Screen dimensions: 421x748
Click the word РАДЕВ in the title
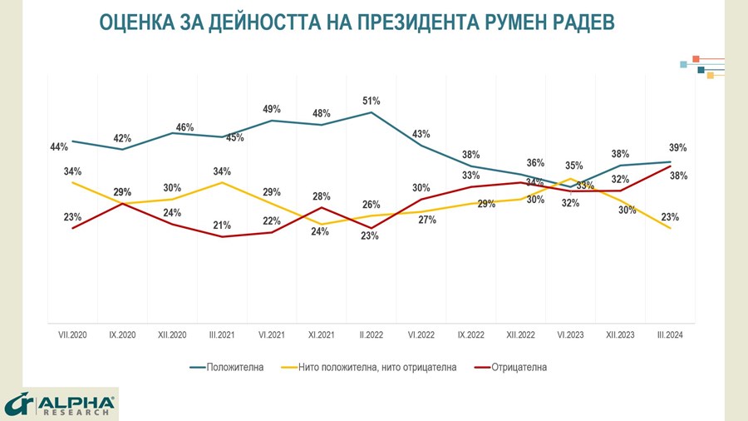(580, 22)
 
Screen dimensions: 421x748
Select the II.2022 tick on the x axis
(372, 334)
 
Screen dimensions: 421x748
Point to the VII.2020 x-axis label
(73, 334)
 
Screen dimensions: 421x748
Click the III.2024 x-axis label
(671, 334)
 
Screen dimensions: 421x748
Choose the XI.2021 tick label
(322, 334)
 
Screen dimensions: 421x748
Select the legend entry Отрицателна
(519, 367)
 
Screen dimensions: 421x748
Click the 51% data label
(371, 101)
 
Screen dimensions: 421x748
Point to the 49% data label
(272, 109)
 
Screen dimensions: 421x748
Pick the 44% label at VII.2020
(59, 147)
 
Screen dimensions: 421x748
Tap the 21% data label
(222, 225)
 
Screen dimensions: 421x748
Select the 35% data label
(573, 166)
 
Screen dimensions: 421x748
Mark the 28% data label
(322, 196)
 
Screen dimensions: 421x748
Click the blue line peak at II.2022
(372, 112)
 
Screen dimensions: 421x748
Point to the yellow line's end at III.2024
(670, 228)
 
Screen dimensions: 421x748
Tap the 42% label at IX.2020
(122, 137)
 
